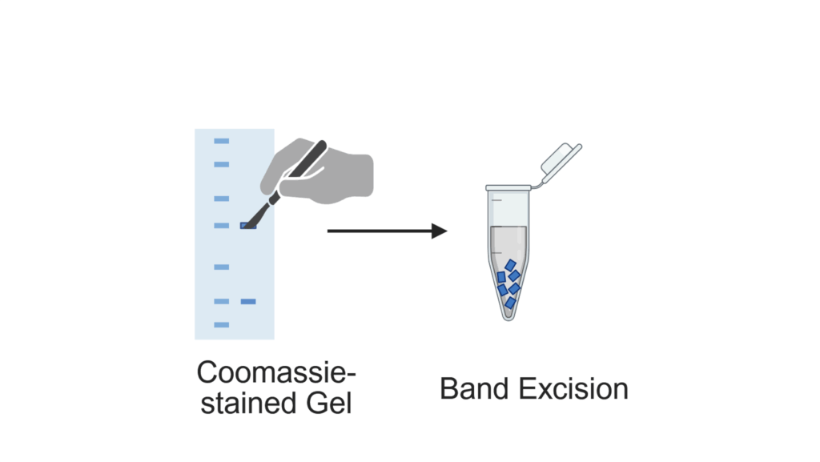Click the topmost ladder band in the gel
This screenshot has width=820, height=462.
[x=221, y=141]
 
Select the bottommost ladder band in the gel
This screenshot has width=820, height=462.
[x=221, y=324]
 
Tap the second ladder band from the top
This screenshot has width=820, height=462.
[x=221, y=164]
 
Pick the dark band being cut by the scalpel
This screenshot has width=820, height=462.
[x=248, y=227]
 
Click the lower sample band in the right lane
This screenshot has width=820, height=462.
[x=248, y=301]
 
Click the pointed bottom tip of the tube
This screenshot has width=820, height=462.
[x=508, y=315]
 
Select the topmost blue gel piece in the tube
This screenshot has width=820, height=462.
[x=510, y=265]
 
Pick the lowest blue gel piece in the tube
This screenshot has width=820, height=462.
[x=509, y=302]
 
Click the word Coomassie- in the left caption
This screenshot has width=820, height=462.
[x=276, y=373]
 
